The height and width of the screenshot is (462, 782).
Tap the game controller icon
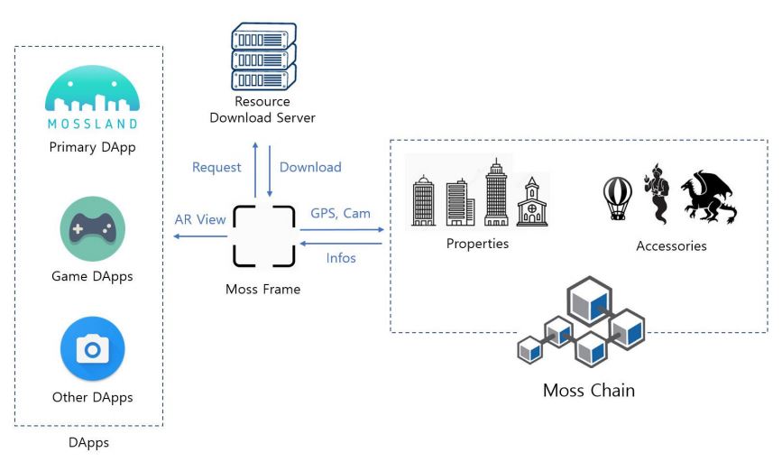pos(92,229)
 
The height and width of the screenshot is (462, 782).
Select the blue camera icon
pos(92,348)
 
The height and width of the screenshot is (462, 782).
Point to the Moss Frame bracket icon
pos(264,236)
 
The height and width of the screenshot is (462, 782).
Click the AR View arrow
pos(200,236)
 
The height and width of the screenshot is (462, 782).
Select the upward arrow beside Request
pos(254,167)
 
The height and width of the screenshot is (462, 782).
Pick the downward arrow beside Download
pos(270,168)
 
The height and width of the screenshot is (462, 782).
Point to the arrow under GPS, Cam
pos(341,230)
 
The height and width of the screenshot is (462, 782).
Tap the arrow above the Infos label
pos(341,242)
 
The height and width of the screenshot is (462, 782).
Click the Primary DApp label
pos(92,147)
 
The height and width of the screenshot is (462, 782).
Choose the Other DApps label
pos(92,397)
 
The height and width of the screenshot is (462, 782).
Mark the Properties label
pos(477,244)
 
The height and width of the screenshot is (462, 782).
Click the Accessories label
pos(671,245)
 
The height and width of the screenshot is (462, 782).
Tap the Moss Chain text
pos(589,391)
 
